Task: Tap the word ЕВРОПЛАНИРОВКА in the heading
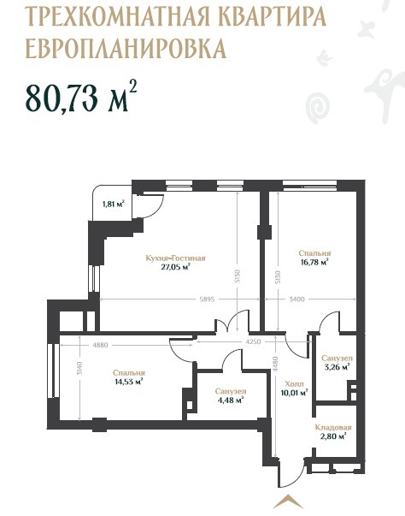(126, 48)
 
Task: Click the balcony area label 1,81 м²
(114, 204)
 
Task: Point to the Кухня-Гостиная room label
(176, 258)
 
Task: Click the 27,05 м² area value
(176, 267)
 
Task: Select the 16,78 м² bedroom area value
(314, 262)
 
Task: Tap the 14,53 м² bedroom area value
(128, 382)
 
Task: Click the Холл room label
(294, 384)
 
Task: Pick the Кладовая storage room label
(333, 428)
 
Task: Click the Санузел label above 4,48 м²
(231, 392)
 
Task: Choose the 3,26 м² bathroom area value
(337, 367)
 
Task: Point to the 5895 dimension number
(207, 300)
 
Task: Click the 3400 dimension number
(297, 300)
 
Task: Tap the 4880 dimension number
(101, 345)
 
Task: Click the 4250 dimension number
(253, 341)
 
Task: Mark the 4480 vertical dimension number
(275, 365)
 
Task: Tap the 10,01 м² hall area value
(294, 392)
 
